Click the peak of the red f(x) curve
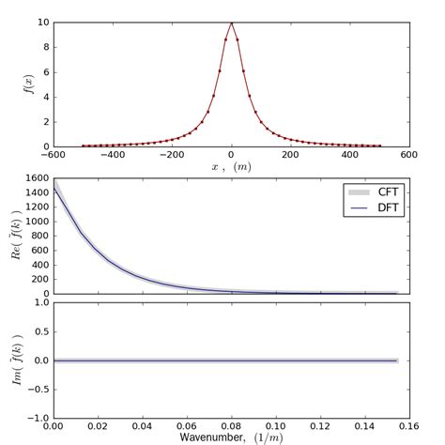[x=231, y=23]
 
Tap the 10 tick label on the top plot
[x=43, y=22]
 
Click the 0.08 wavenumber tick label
[x=231, y=425]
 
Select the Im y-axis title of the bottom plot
[x=13, y=361]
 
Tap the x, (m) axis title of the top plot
[x=231, y=167]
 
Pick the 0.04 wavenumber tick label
[x=142, y=425]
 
